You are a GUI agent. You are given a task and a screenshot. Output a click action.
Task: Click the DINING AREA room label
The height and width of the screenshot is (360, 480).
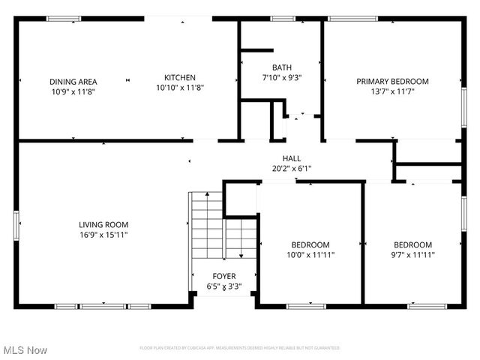coord(73,82)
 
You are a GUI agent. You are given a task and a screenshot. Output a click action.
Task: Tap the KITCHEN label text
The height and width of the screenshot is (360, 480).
coord(180,77)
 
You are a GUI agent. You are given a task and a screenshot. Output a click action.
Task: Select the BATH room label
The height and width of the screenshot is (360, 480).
coord(282,67)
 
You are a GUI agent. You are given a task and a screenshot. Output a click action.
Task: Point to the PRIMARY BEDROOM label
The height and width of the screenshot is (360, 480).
coord(392,82)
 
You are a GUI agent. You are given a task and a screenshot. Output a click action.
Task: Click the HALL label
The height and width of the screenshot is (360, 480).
coord(292,158)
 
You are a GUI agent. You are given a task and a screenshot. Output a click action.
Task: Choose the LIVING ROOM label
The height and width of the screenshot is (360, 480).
coord(103,224)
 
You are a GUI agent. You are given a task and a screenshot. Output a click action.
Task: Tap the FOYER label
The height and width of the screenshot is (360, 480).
coord(223,277)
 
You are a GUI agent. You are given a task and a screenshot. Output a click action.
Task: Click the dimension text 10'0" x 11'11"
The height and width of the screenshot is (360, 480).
coord(310,255)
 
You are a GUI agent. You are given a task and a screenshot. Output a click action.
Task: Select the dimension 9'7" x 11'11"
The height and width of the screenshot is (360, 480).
coord(412,255)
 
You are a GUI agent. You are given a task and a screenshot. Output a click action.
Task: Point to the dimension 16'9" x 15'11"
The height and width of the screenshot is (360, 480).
coord(103,235)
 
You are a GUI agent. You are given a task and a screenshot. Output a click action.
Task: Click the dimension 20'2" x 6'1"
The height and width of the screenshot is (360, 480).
coord(292,169)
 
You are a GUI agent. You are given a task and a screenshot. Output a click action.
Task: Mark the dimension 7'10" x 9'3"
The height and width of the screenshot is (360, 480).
coord(282,77)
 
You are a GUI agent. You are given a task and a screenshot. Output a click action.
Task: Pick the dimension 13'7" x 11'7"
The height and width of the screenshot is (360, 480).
coord(392,91)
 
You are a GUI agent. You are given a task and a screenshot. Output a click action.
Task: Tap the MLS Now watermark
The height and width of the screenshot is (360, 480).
coord(25,350)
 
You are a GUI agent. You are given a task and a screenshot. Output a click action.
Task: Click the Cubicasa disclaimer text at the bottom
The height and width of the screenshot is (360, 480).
coord(239,348)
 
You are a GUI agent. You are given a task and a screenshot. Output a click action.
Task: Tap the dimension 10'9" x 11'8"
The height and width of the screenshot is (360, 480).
coord(73,91)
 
